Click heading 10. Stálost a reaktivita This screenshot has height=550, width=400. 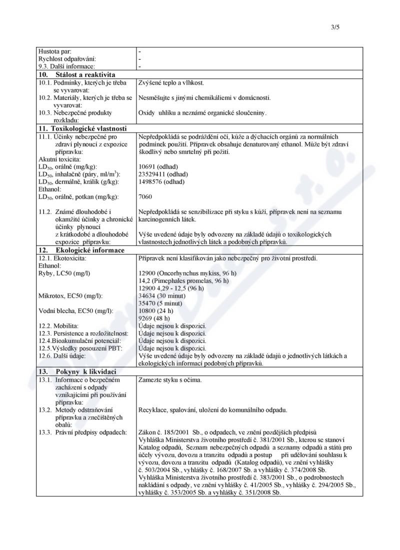click(x=79, y=74)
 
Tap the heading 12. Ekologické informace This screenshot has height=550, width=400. click(x=81, y=250)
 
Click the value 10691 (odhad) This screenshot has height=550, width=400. click(x=158, y=166)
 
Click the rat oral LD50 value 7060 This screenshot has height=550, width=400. click(x=145, y=197)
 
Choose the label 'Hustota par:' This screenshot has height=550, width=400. click(x=55, y=51)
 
